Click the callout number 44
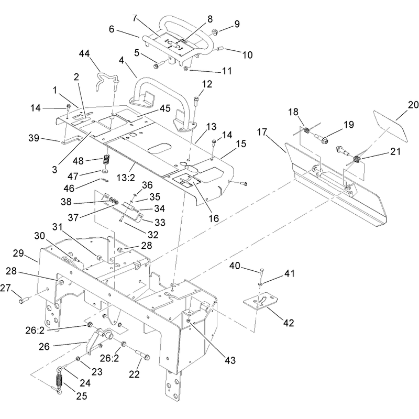[x=84, y=54]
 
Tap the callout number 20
[x=413, y=105]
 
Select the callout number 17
[x=262, y=132]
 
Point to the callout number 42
[x=289, y=323]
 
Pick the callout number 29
[x=18, y=253]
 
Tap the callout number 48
[x=78, y=161]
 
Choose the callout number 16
[x=214, y=218]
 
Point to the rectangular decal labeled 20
[x=390, y=126]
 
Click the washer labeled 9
[x=215, y=32]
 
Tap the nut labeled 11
[x=186, y=69]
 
